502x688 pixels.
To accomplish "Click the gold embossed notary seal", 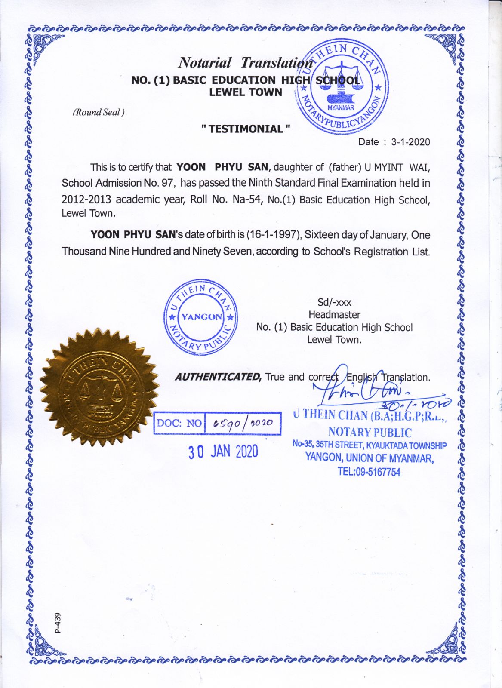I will (x=100, y=389).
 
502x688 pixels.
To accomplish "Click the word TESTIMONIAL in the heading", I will (x=246, y=129).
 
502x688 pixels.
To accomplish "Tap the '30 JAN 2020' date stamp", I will (x=223, y=451).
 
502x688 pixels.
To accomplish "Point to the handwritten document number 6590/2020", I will (x=243, y=423).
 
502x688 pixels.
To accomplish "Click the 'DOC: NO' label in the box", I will (x=179, y=423).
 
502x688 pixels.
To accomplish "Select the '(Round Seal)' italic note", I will (x=99, y=113).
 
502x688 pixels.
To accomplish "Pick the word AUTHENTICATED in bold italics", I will (x=218, y=377).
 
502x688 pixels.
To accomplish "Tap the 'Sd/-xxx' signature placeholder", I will (x=334, y=302).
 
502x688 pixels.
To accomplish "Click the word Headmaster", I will (x=334, y=315).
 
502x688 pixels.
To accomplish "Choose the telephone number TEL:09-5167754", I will (x=369, y=472).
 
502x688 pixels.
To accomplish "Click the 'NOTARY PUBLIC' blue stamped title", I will (x=370, y=433).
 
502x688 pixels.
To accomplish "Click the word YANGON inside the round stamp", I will (x=201, y=317).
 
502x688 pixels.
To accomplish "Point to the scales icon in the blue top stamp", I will (x=342, y=80).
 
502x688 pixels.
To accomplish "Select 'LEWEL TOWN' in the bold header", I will (x=246, y=92).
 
